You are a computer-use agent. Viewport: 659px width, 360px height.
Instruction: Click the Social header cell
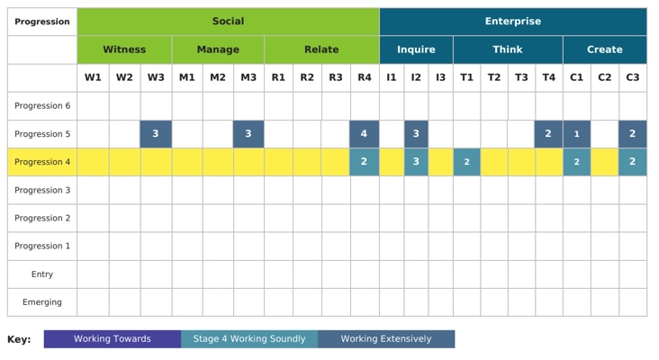click(x=228, y=22)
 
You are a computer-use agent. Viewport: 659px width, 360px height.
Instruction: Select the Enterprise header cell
click(x=513, y=22)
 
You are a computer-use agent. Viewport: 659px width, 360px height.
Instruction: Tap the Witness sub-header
click(x=124, y=49)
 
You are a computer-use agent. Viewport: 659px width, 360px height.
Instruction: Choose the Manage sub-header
click(x=218, y=49)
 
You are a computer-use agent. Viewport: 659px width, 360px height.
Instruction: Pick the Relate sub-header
click(x=321, y=49)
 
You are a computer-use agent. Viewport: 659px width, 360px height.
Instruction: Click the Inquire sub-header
click(x=416, y=49)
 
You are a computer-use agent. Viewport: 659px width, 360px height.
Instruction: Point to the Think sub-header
click(x=508, y=49)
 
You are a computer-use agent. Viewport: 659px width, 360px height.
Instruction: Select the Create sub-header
click(x=604, y=49)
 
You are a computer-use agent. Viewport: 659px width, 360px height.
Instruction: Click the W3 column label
click(x=156, y=77)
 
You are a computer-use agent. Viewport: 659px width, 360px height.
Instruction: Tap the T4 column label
click(x=549, y=77)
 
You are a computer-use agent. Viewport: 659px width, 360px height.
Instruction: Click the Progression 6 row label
click(x=42, y=106)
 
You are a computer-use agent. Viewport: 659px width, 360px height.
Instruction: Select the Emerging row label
click(x=42, y=302)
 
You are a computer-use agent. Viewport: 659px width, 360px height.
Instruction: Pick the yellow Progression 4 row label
click(x=42, y=162)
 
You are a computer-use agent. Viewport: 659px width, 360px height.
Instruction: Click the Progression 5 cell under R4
click(x=364, y=134)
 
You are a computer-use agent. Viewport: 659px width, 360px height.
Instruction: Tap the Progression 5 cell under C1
click(x=577, y=134)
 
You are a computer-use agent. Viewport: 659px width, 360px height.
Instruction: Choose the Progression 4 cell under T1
click(x=466, y=162)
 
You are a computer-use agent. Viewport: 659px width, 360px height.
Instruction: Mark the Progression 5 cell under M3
click(x=248, y=134)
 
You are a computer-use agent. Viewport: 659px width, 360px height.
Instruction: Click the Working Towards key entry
click(x=113, y=339)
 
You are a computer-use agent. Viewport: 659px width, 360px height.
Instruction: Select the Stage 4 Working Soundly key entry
click(x=249, y=339)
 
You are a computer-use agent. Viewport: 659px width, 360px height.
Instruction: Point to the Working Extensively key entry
click(x=386, y=339)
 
